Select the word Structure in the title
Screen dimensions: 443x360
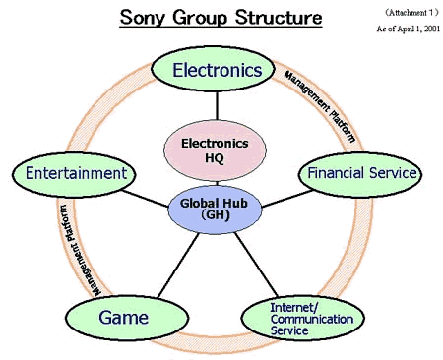click(279, 17)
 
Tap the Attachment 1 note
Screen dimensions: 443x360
click(411, 13)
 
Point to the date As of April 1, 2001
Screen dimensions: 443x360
click(409, 29)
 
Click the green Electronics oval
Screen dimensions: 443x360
click(213, 69)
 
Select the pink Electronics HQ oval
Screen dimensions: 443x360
click(215, 150)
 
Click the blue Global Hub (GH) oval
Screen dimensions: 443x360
click(215, 210)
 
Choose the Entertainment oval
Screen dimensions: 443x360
click(74, 174)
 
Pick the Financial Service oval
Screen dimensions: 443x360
click(360, 174)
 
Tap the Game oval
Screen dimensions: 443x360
click(127, 318)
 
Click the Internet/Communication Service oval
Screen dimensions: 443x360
click(303, 319)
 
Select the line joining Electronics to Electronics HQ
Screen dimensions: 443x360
click(217, 106)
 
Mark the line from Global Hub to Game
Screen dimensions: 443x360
click(178, 266)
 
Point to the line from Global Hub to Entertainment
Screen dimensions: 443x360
click(145, 199)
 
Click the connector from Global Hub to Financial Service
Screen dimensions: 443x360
click(286, 199)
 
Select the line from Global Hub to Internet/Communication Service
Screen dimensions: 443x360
click(256, 265)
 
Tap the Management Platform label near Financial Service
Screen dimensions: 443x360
click(320, 106)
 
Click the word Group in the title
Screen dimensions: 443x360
click(200, 18)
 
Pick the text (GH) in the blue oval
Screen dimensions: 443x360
click(215, 215)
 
